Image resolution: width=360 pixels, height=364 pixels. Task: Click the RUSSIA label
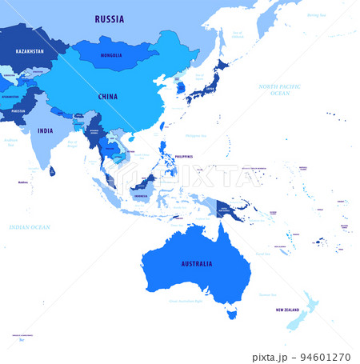[109, 18]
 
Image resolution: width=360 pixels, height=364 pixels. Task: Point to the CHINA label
[107, 97]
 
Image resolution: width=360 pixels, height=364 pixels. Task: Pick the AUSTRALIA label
[197, 263]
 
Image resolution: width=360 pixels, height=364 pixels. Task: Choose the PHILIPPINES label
[184, 157]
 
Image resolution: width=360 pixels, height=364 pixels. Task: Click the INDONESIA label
[142, 194]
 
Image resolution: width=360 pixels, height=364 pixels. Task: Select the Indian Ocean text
[30, 227]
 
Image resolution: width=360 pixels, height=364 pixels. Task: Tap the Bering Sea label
[318, 14]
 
